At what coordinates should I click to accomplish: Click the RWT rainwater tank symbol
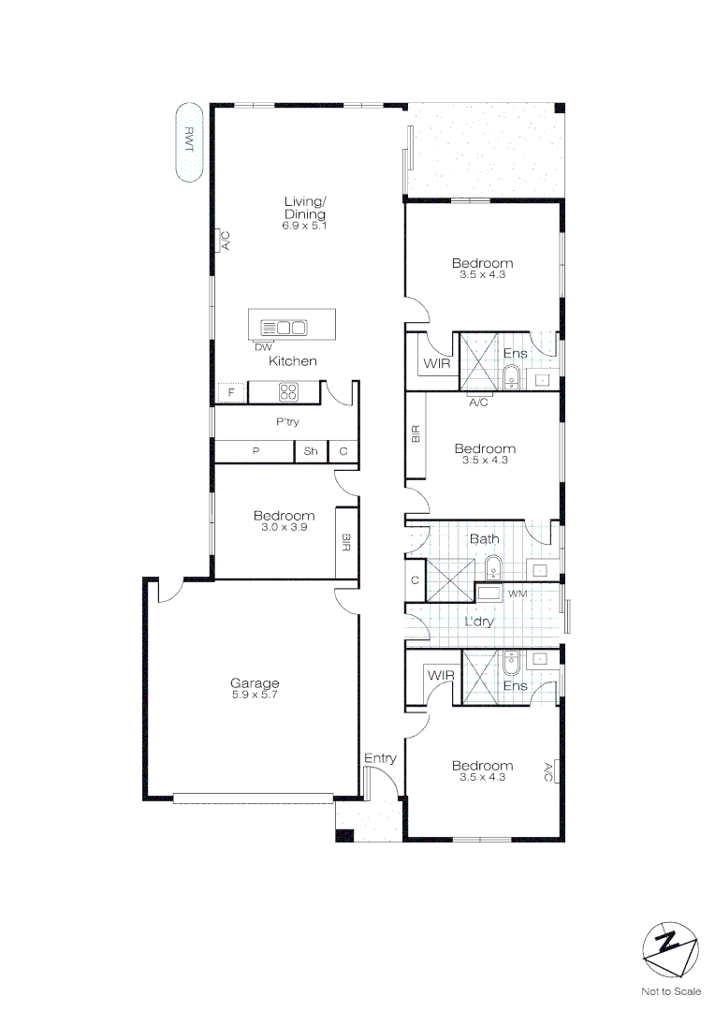coord(190,141)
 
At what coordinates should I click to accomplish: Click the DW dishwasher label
coord(263,347)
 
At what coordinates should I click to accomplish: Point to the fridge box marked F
coord(231,393)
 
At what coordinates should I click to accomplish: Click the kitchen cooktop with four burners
coord(288,391)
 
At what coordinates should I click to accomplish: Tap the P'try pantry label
coord(287,422)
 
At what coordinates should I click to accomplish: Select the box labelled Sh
coord(311,452)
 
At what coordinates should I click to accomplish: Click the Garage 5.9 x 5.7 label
coord(255,689)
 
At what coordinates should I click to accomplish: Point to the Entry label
coord(380,758)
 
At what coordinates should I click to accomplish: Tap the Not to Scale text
coord(670,991)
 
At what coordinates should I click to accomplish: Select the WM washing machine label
coord(517,594)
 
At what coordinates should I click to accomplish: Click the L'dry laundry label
coord(479,621)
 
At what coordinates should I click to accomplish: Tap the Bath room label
coord(484,539)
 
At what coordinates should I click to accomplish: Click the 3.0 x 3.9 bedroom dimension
coord(284,527)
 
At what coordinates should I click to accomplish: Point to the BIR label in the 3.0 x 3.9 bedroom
coord(346,542)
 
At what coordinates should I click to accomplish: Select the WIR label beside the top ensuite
coord(436,362)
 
